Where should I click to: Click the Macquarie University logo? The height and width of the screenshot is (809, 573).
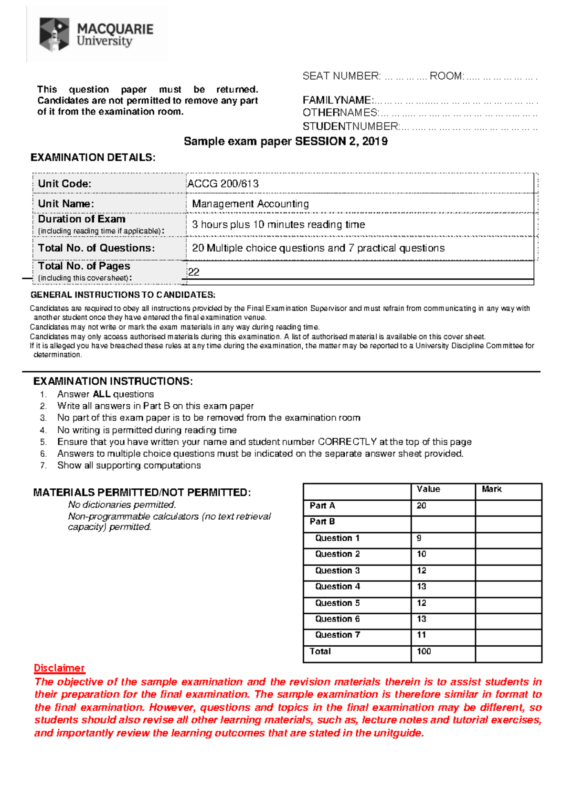95,35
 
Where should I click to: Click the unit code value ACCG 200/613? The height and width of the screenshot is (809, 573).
223,184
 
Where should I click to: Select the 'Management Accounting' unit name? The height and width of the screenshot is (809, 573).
250,204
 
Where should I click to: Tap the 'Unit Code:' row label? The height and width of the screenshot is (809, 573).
64,184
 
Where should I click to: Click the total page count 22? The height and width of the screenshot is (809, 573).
193,272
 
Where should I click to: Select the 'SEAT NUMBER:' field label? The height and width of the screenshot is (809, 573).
341,76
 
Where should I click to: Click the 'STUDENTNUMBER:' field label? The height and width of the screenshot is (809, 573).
351,126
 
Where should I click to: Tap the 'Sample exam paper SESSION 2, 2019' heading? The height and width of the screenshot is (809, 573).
286,141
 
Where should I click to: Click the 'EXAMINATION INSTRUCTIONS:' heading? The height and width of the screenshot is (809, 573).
113,381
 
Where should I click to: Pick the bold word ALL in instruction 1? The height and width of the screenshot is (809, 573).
101,394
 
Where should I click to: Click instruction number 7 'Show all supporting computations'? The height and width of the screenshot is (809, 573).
128,465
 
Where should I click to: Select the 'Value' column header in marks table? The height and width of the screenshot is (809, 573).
428,489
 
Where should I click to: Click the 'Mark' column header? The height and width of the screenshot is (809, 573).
491,489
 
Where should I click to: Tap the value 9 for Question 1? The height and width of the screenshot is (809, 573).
419,538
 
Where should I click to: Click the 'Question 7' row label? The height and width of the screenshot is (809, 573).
337,635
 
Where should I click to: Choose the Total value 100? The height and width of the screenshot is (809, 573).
424,651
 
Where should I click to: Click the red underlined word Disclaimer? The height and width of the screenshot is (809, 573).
59,668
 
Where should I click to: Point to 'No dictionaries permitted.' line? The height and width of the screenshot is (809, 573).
122,505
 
